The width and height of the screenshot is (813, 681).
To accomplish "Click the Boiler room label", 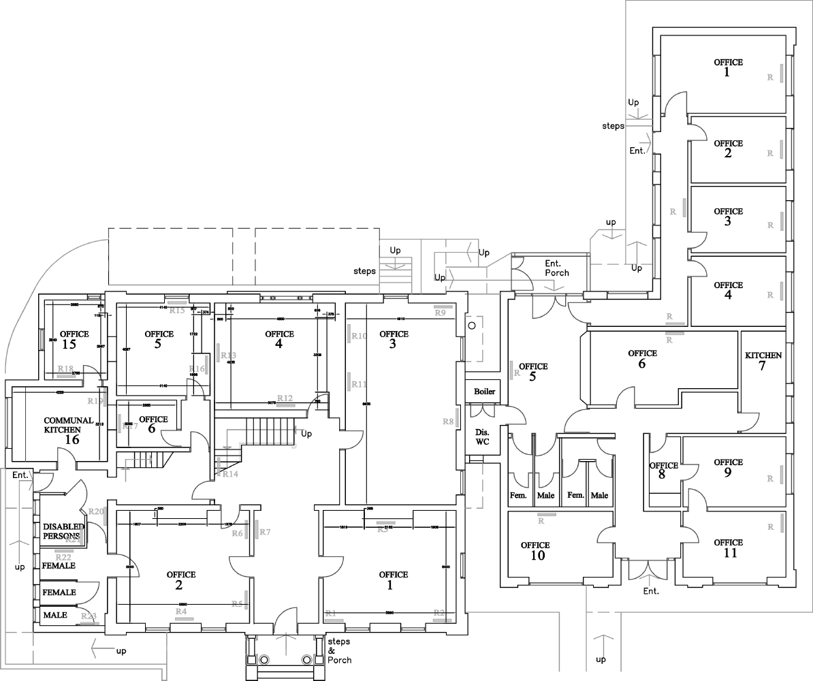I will point(484,392).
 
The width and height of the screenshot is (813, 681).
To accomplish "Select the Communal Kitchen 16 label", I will point(68,430).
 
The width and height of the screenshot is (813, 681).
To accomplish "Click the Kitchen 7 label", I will point(763,361).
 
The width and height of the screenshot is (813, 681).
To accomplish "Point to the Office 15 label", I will point(74,339).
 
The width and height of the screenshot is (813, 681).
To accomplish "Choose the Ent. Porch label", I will point(556,268).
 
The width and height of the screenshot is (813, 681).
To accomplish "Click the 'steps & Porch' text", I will point(339,651).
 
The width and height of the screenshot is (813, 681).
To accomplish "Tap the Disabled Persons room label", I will point(63,531).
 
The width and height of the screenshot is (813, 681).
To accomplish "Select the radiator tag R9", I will point(440,313).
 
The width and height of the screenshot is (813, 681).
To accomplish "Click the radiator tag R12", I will point(285,398).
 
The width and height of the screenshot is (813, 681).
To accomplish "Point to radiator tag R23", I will point(89,616).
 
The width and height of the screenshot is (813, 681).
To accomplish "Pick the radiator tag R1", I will point(332,614).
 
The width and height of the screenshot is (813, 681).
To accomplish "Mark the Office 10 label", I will point(535,550).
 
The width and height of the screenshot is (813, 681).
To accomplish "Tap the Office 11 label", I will point(728,548).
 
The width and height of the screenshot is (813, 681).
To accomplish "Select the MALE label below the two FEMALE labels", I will point(55,615).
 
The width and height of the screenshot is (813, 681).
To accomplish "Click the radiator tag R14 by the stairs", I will point(229,474).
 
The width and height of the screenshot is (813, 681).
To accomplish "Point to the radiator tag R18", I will point(65,368).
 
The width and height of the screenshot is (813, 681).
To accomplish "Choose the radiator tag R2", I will point(439,613).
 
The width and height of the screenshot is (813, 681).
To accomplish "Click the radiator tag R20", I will point(95,511).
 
